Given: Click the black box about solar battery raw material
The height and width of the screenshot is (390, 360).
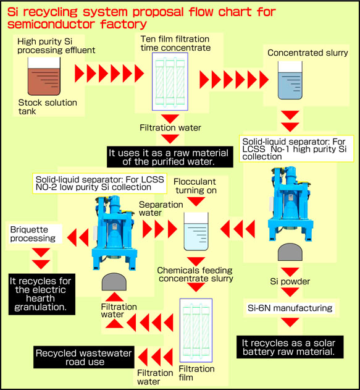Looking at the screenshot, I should tap(288, 346).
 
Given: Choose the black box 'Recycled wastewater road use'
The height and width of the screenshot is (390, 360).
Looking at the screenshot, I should tap(78, 357).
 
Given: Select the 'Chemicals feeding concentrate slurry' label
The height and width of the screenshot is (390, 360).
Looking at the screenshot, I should tap(196, 274).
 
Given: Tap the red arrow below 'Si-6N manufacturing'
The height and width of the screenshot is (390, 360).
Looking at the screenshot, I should tap(288, 323).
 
